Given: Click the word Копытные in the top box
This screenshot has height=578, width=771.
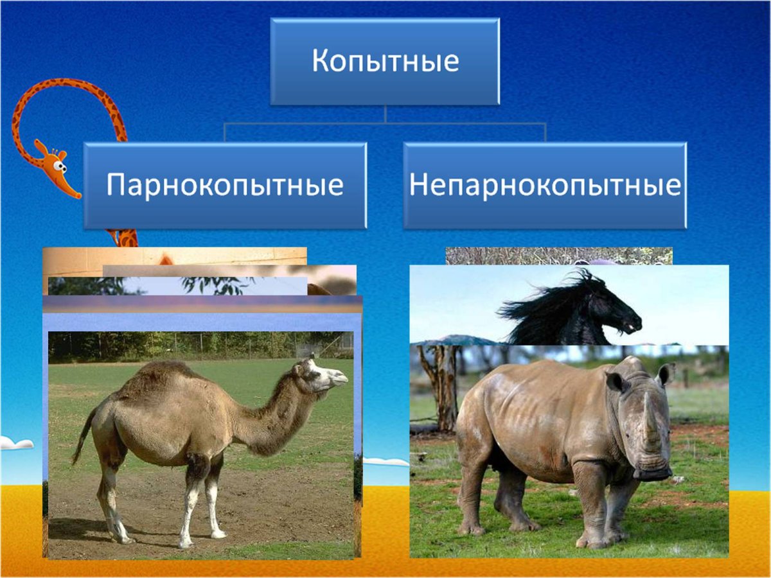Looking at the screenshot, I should [x=385, y=61].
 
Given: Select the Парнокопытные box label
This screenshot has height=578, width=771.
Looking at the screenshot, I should [x=225, y=186].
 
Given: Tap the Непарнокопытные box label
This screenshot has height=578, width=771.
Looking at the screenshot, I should [x=545, y=186].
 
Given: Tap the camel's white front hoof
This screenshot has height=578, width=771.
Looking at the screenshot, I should [x=217, y=532].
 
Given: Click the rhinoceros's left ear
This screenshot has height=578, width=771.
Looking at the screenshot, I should [x=616, y=382].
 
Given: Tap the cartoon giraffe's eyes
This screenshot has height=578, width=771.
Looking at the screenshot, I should [x=59, y=166].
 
